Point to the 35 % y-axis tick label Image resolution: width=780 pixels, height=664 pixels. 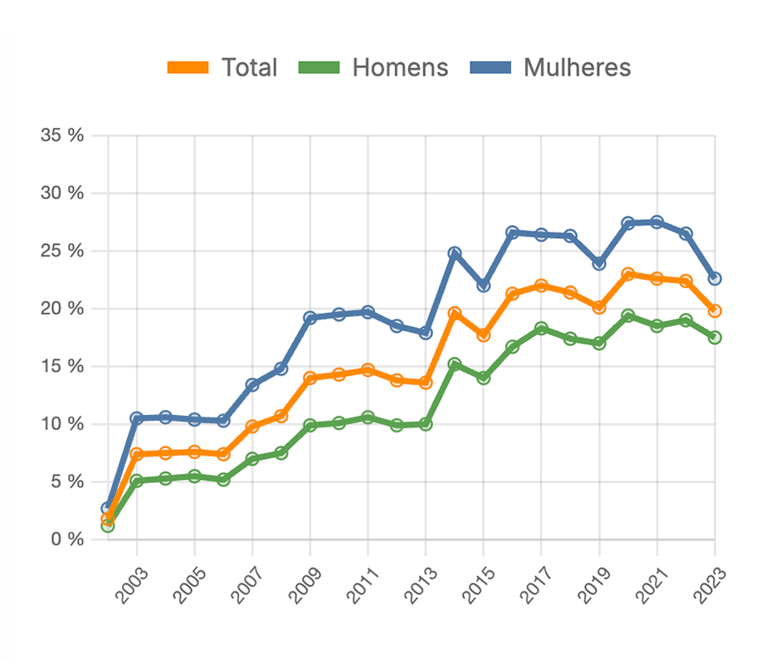(x=62, y=135)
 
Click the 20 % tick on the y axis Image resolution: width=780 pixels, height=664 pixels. (x=62, y=309)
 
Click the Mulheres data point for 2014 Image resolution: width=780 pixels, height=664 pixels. (x=455, y=253)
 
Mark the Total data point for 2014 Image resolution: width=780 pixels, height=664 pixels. (x=455, y=314)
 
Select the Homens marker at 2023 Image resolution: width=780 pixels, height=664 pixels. (x=714, y=337)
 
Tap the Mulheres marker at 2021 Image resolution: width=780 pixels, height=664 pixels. (x=657, y=222)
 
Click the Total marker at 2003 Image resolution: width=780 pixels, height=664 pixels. (x=137, y=454)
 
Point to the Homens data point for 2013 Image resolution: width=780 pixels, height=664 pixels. (x=426, y=424)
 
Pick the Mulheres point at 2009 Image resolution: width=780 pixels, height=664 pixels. (x=310, y=318)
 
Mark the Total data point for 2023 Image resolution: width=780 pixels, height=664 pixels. (x=714, y=310)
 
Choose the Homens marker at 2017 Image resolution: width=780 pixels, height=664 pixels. (x=541, y=329)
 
